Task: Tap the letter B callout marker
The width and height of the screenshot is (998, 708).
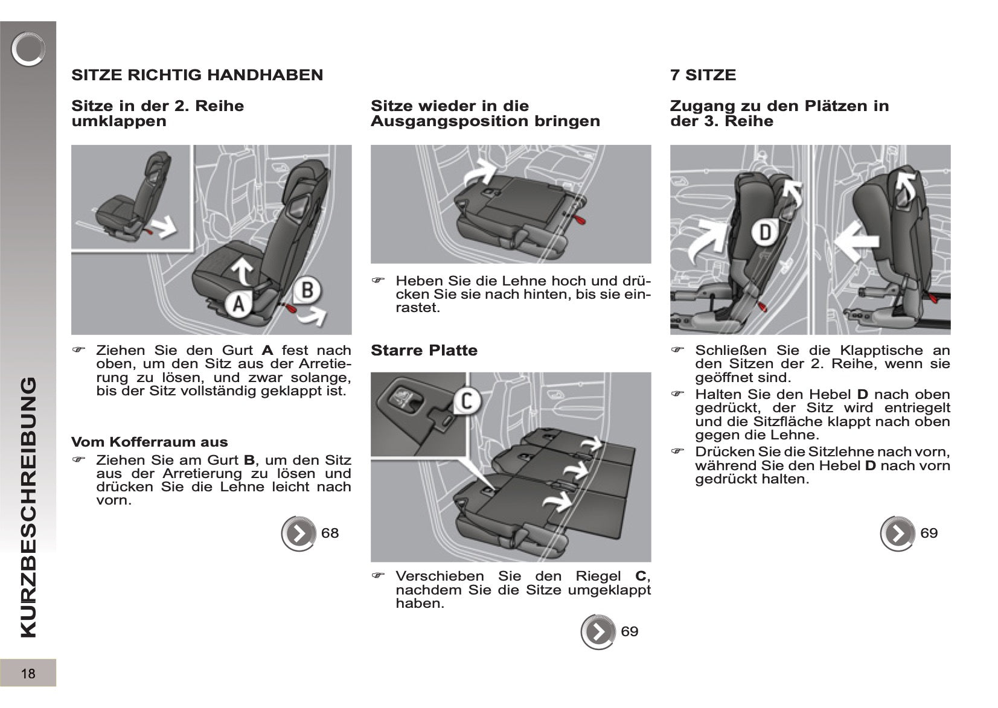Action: tap(307, 290)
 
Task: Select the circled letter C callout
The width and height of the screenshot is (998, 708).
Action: tap(466, 401)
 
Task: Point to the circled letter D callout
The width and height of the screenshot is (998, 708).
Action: tap(764, 232)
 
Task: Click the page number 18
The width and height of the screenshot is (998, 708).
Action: tap(28, 674)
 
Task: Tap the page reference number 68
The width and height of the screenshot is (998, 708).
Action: tap(330, 533)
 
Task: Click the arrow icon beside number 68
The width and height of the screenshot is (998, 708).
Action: tap(298, 534)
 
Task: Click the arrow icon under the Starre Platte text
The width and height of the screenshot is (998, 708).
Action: tap(598, 632)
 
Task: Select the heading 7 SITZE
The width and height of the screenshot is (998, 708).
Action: tap(703, 75)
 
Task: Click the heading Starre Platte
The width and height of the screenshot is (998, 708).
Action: tap(424, 351)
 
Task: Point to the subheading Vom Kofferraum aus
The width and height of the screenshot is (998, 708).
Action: tap(149, 442)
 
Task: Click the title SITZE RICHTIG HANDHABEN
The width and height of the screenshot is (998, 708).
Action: tap(197, 75)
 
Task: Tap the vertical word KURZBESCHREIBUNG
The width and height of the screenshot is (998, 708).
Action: tap(28, 507)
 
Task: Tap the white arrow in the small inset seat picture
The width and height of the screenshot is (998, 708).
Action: tap(163, 228)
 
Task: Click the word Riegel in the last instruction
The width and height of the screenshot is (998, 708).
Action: tap(598, 576)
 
